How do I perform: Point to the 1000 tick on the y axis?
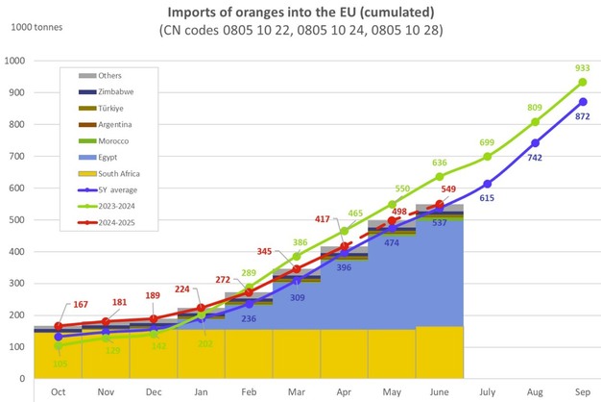[16, 61]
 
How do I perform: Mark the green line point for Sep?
[583, 83]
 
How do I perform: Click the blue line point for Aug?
[535, 143]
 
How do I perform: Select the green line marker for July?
[488, 157]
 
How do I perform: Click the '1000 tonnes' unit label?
[37, 26]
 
